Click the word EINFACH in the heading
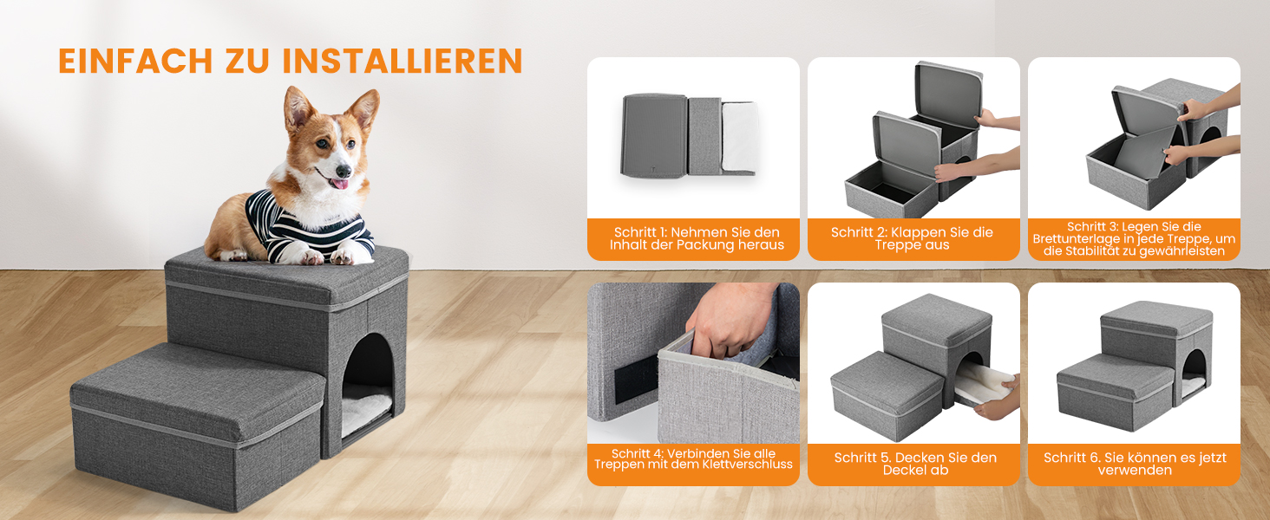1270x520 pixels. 135,62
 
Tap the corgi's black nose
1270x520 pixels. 343,171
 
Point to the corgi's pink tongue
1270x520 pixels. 339,184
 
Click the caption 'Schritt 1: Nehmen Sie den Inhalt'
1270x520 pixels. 697,238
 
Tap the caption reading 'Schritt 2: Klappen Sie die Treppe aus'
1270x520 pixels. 912,238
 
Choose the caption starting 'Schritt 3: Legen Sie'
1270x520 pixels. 1134,238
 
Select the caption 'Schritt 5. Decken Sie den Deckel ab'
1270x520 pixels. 915,464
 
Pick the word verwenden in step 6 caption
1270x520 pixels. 1135,470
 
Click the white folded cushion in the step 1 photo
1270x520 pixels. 740,137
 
